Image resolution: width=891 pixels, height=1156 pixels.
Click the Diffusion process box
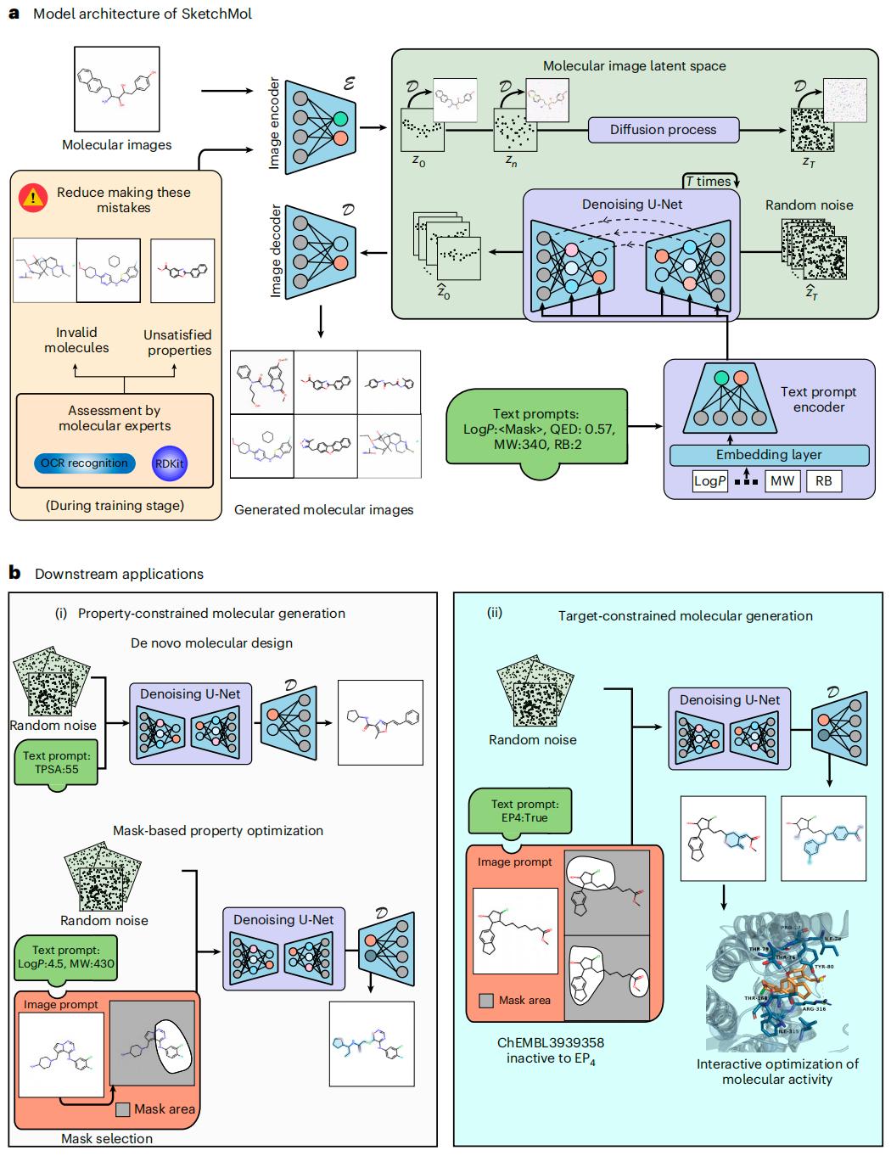663,130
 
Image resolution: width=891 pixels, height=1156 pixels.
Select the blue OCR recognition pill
84,463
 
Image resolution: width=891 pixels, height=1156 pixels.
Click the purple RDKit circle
170,464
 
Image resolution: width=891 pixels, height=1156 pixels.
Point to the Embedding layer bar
769,455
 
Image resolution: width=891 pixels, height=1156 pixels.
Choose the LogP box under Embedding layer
710,481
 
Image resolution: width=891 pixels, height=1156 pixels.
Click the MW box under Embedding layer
782,481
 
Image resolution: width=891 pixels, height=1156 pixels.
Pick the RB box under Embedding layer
823,481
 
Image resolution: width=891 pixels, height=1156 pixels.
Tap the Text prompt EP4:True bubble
519,811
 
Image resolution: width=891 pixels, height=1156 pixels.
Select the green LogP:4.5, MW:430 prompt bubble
66,957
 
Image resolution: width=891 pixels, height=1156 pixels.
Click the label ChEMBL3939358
551,1042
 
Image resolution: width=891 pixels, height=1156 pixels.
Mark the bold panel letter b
14,573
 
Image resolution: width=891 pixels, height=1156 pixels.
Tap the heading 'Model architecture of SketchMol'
142,14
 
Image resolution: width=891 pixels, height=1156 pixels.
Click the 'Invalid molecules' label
76,340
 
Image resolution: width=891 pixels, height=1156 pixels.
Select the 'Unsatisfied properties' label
177,342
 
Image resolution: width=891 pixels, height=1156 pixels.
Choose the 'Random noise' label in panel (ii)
532,740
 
